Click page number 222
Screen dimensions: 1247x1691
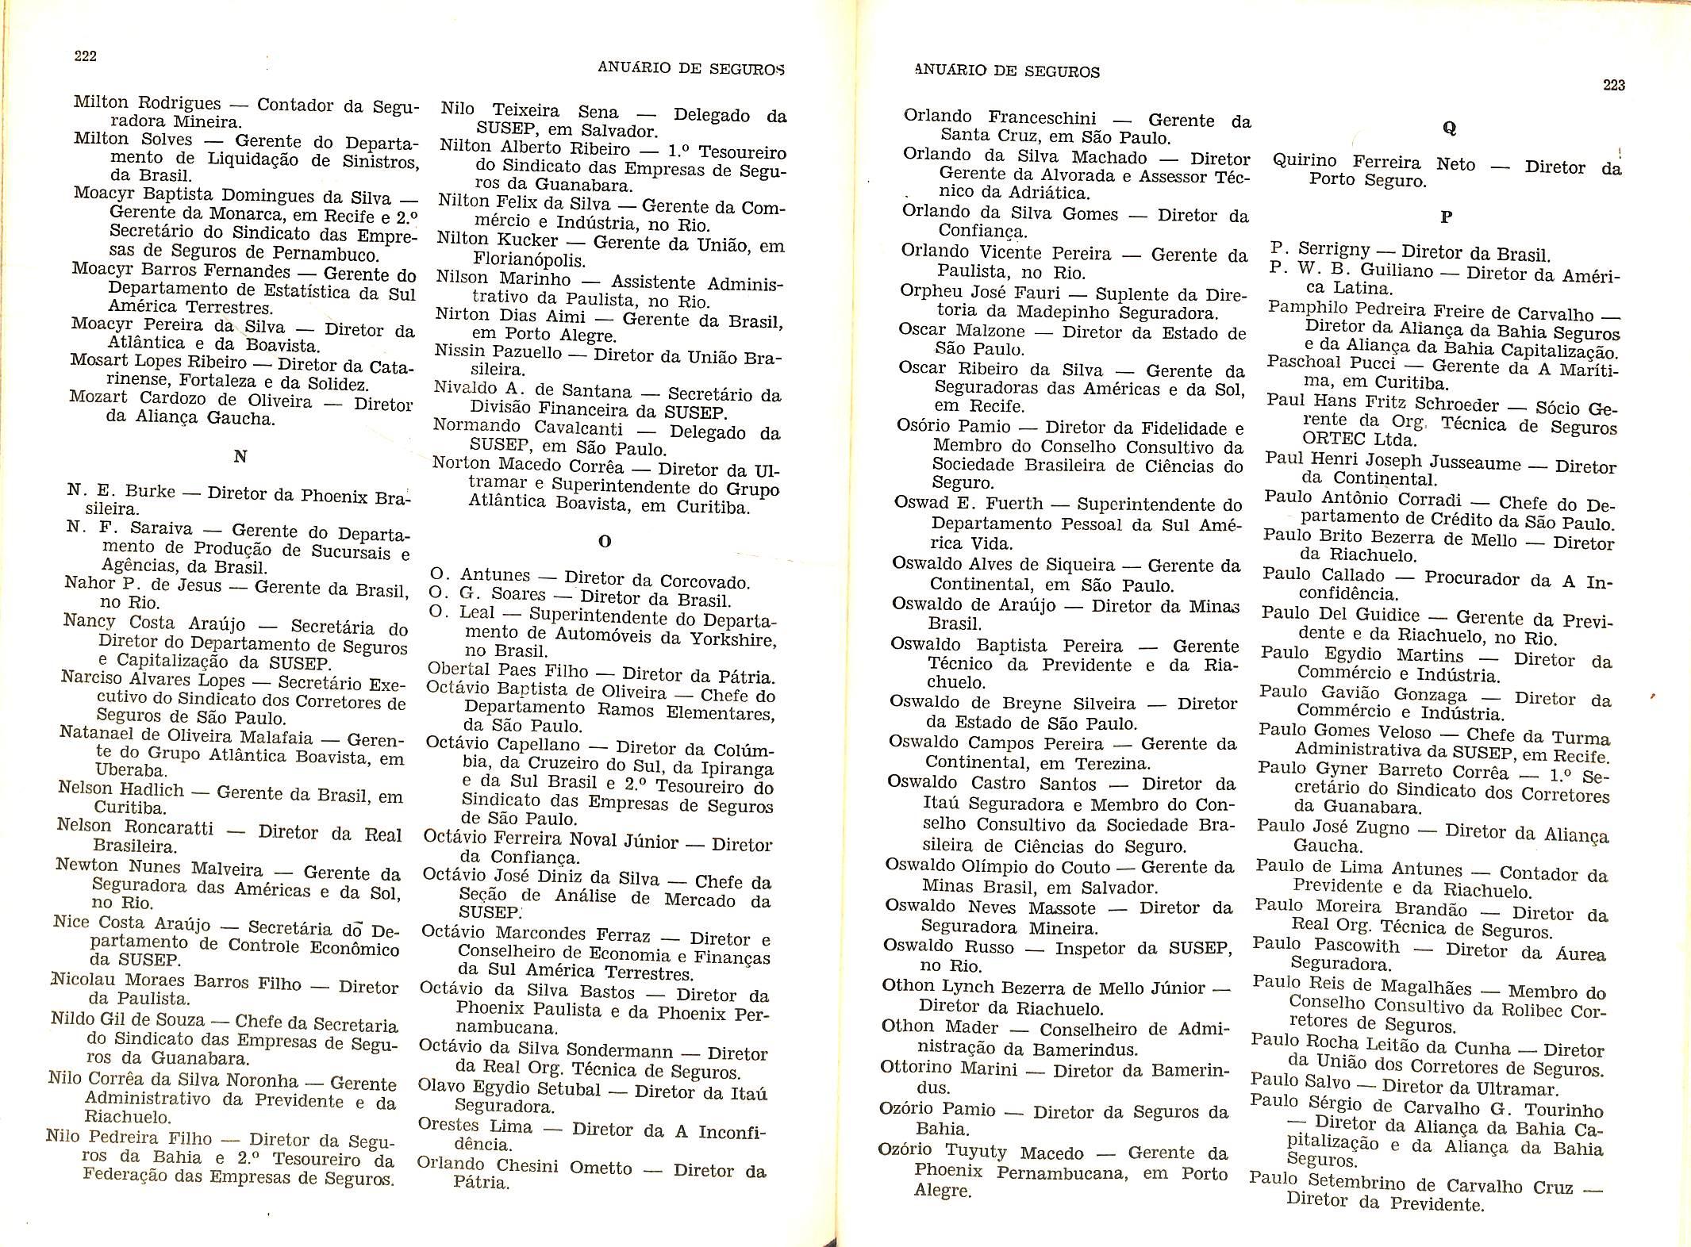[85, 56]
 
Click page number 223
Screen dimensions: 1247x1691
[1613, 85]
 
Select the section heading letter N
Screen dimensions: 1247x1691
[240, 456]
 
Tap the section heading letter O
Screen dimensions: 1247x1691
[605, 542]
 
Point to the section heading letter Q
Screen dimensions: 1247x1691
[1450, 128]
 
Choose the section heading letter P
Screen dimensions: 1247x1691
[1446, 216]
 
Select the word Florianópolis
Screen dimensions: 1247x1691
[528, 259]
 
